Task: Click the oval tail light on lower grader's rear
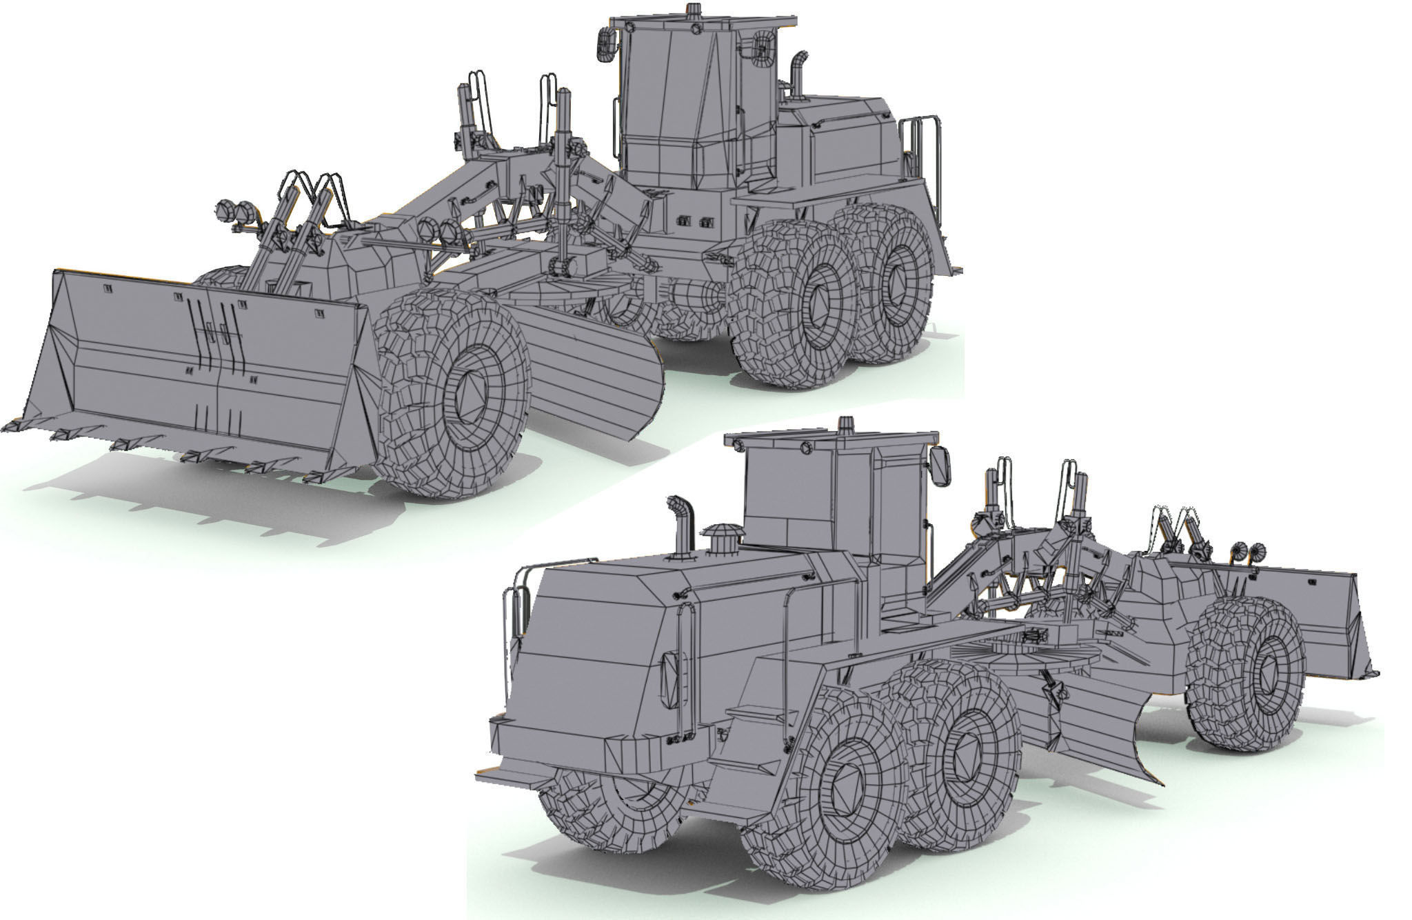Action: (x=669, y=679)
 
